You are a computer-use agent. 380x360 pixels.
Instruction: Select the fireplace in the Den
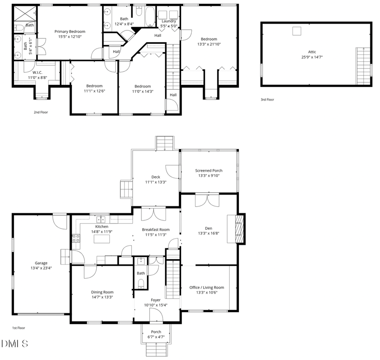coord(239,229)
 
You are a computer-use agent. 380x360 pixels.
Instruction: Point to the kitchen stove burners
coord(76,238)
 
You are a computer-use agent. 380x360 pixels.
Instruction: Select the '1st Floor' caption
coord(19,328)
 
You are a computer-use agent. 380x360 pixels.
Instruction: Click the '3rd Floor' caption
coord(267,100)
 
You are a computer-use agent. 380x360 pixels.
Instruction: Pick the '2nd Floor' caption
coord(41,112)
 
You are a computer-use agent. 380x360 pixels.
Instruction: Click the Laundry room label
coord(168,21)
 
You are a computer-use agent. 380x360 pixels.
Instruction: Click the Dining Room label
coord(102,292)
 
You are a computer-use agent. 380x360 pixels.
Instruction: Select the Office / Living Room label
coord(206,287)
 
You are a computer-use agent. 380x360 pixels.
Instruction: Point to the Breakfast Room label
coord(155,230)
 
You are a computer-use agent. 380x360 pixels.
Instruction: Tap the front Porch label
coord(156,332)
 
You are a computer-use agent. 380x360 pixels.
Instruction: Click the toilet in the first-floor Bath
coord(141,283)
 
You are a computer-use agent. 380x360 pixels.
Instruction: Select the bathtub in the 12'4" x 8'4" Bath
coord(150,15)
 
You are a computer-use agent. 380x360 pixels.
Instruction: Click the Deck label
coord(155,177)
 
